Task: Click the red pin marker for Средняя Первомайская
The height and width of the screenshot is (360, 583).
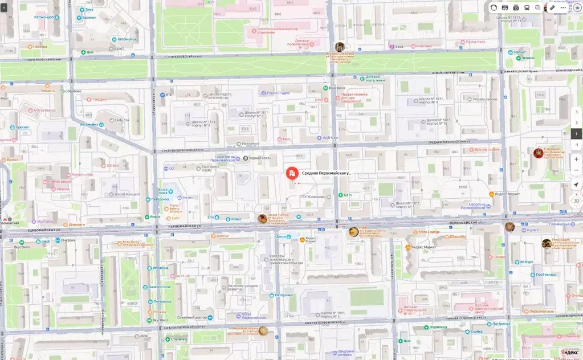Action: (x=291, y=173)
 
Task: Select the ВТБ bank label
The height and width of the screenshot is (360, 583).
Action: (x=168, y=95)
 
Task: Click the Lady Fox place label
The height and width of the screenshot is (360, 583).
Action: (x=122, y=120)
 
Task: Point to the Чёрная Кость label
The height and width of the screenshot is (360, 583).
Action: (x=259, y=158)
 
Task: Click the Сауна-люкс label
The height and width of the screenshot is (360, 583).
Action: (x=475, y=42)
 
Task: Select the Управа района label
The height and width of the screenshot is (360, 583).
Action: (x=484, y=99)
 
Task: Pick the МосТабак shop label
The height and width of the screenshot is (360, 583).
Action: (x=42, y=221)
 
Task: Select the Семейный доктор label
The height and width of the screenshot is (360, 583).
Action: (x=191, y=317)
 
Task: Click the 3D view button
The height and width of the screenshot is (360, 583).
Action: (x=576, y=201)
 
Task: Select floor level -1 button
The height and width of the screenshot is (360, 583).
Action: (x=576, y=145)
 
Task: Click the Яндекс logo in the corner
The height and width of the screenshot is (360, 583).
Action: (x=569, y=353)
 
